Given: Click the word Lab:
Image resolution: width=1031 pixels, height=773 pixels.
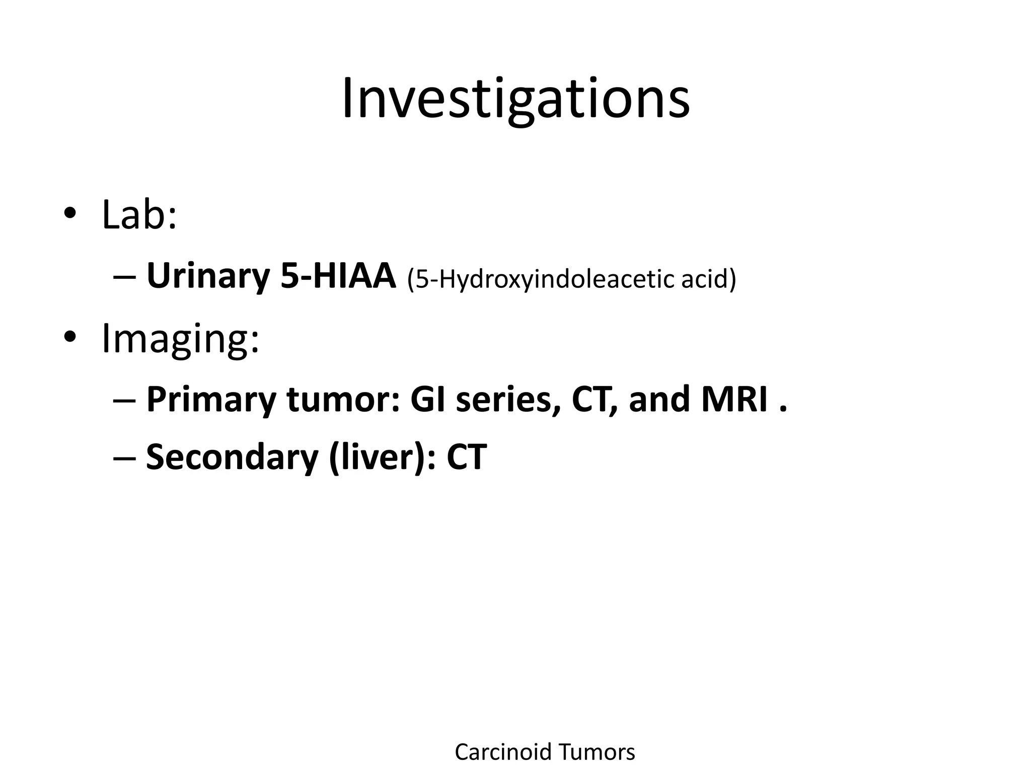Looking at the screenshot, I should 139,215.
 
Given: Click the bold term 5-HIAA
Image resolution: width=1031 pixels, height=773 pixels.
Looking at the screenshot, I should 338,276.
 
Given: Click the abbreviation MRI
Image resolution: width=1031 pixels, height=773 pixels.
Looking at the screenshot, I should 734,400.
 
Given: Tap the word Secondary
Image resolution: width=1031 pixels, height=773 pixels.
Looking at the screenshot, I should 232,457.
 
